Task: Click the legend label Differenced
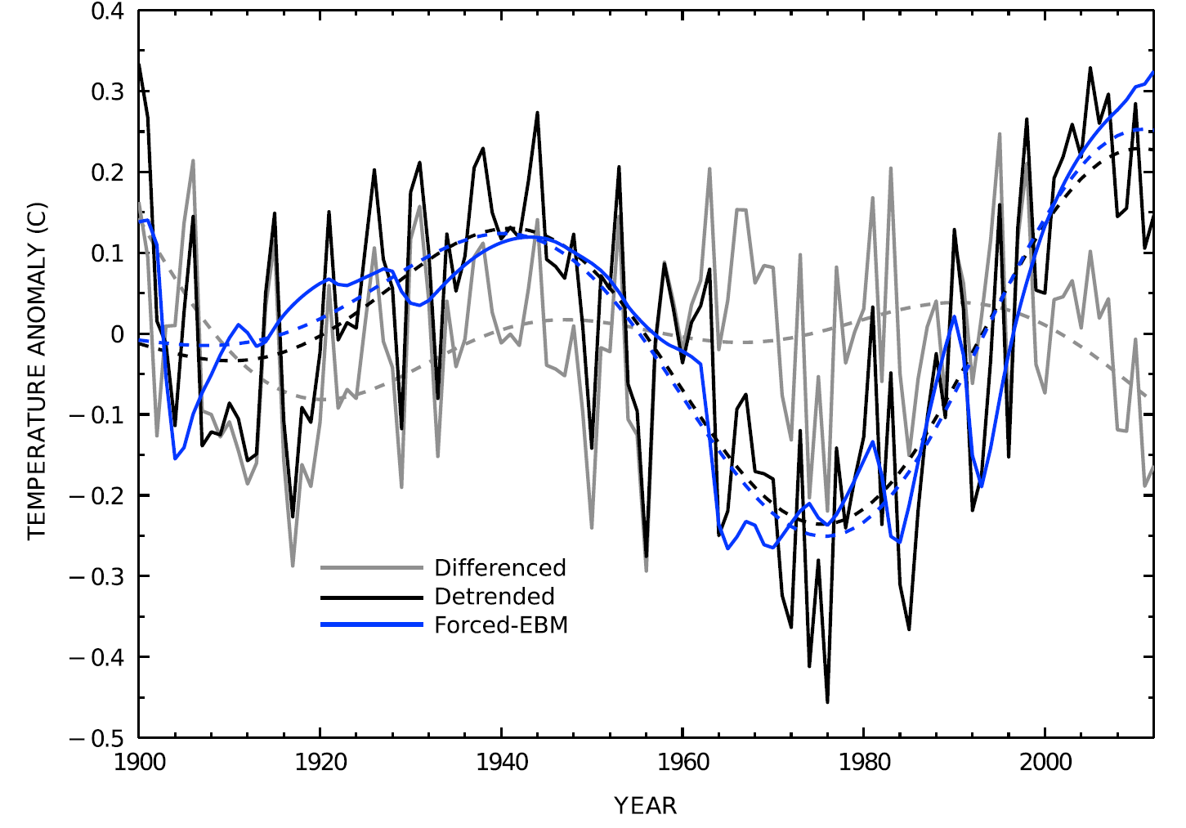499,568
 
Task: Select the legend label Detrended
495,597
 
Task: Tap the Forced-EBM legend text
501,625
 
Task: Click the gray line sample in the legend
372,568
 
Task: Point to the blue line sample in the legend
372,625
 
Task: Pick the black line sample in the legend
372,597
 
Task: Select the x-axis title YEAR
646,806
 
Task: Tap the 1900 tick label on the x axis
139,762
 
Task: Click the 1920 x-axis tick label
320,762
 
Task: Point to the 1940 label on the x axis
502,762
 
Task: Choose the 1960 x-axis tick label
683,762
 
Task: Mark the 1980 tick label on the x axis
865,762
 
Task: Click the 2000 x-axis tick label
1046,762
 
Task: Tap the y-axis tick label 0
116,334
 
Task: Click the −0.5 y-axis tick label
96,738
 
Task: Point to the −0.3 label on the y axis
96,576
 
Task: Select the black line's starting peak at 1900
140,64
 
